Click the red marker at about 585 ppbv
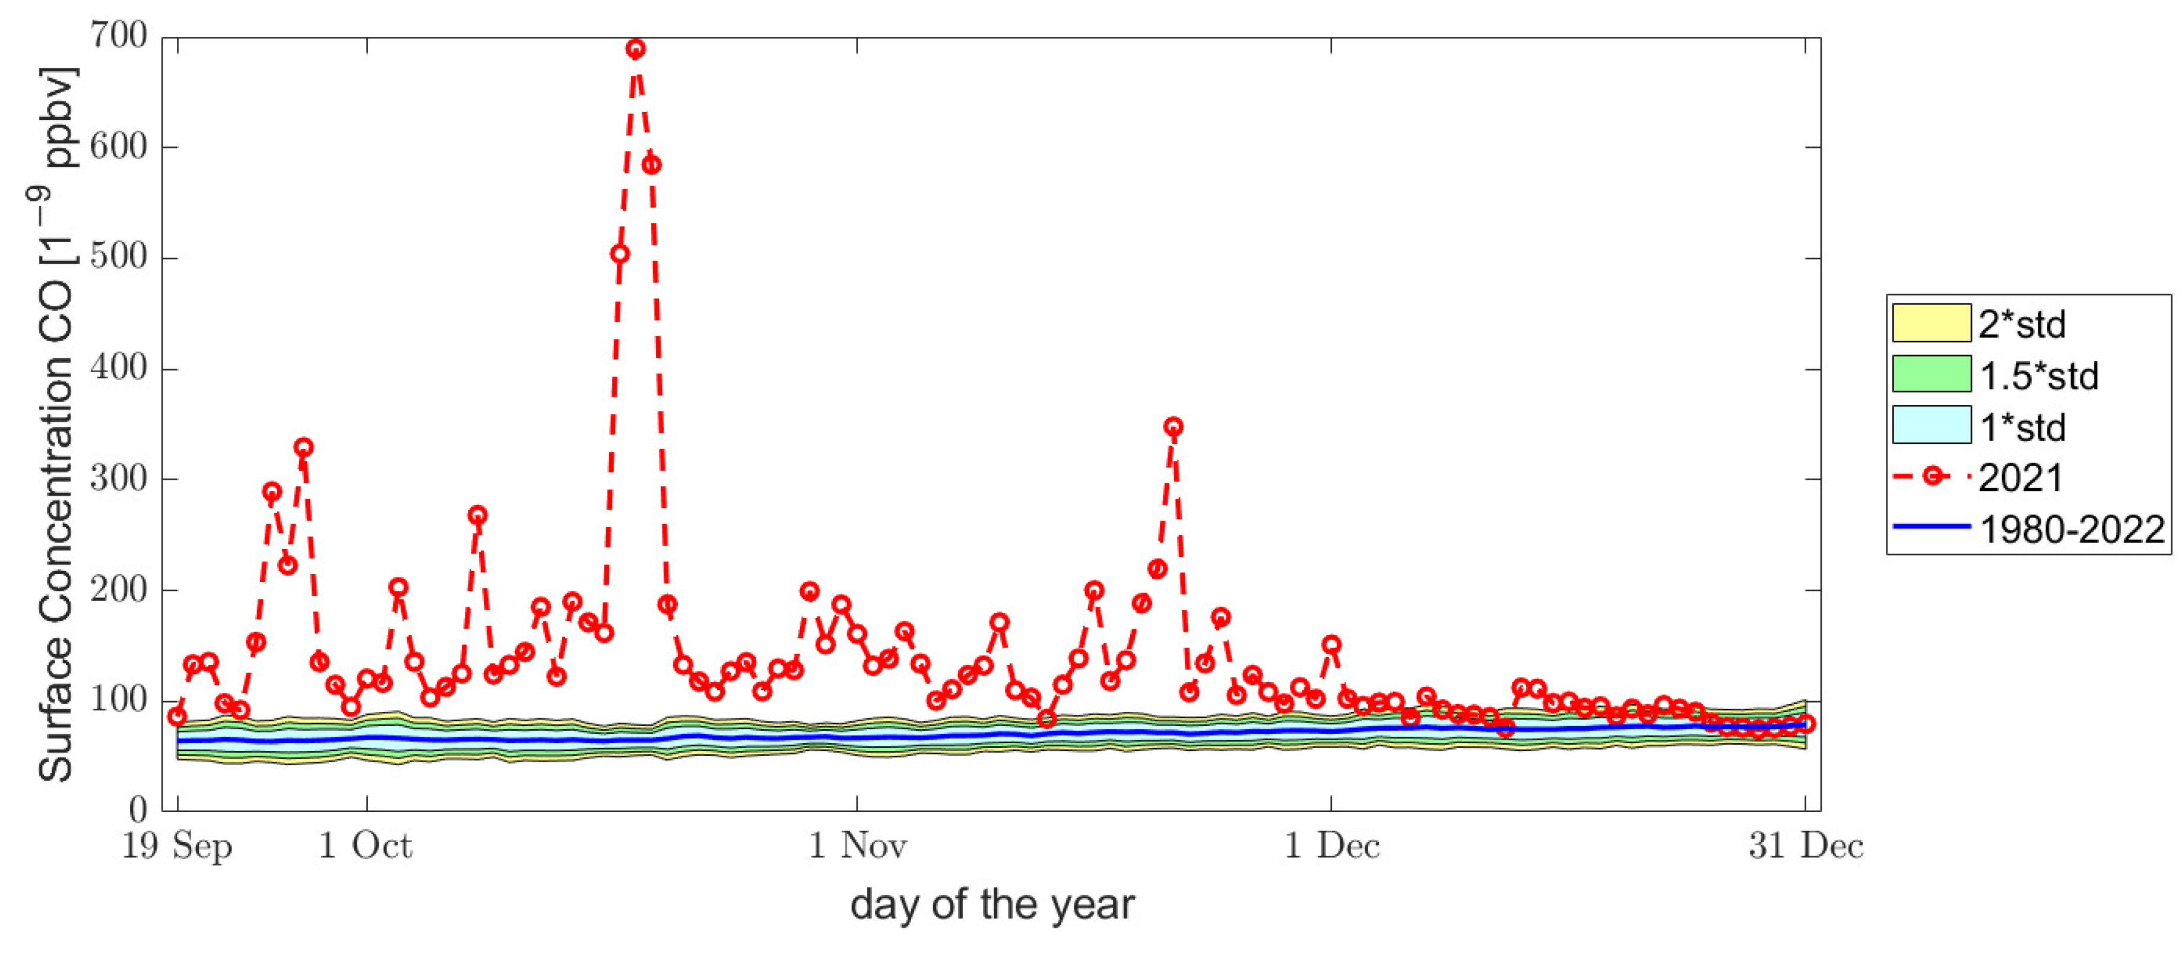[651, 165]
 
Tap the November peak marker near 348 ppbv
[1173, 427]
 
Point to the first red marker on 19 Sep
[177, 717]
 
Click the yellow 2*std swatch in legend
[1932, 324]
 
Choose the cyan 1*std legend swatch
[1932, 425]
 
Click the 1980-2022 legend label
[2072, 530]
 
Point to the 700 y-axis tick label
[119, 36]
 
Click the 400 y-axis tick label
[119, 369]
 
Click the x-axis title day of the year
[992, 905]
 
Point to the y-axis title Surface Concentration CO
[56, 424]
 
